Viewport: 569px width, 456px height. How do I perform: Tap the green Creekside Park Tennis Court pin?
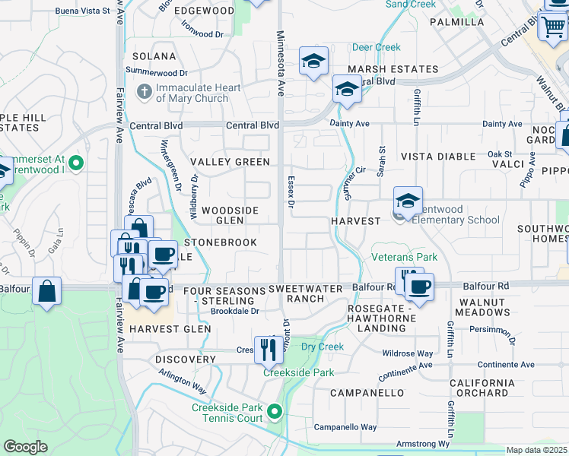pyautogui.click(x=275, y=413)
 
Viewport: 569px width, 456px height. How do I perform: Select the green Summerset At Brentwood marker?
pyautogui.click(x=75, y=163)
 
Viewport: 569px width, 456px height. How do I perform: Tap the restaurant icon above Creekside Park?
pyautogui.click(x=268, y=350)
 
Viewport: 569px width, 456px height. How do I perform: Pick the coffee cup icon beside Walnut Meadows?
pyautogui.click(x=419, y=287)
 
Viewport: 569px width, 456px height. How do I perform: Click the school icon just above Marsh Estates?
pyautogui.click(x=313, y=62)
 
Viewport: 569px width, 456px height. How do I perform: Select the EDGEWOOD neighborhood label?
pyautogui.click(x=204, y=11)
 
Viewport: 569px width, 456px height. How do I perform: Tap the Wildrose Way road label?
pyautogui.click(x=407, y=353)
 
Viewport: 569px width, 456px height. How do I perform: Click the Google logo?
pyautogui.click(x=25, y=447)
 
